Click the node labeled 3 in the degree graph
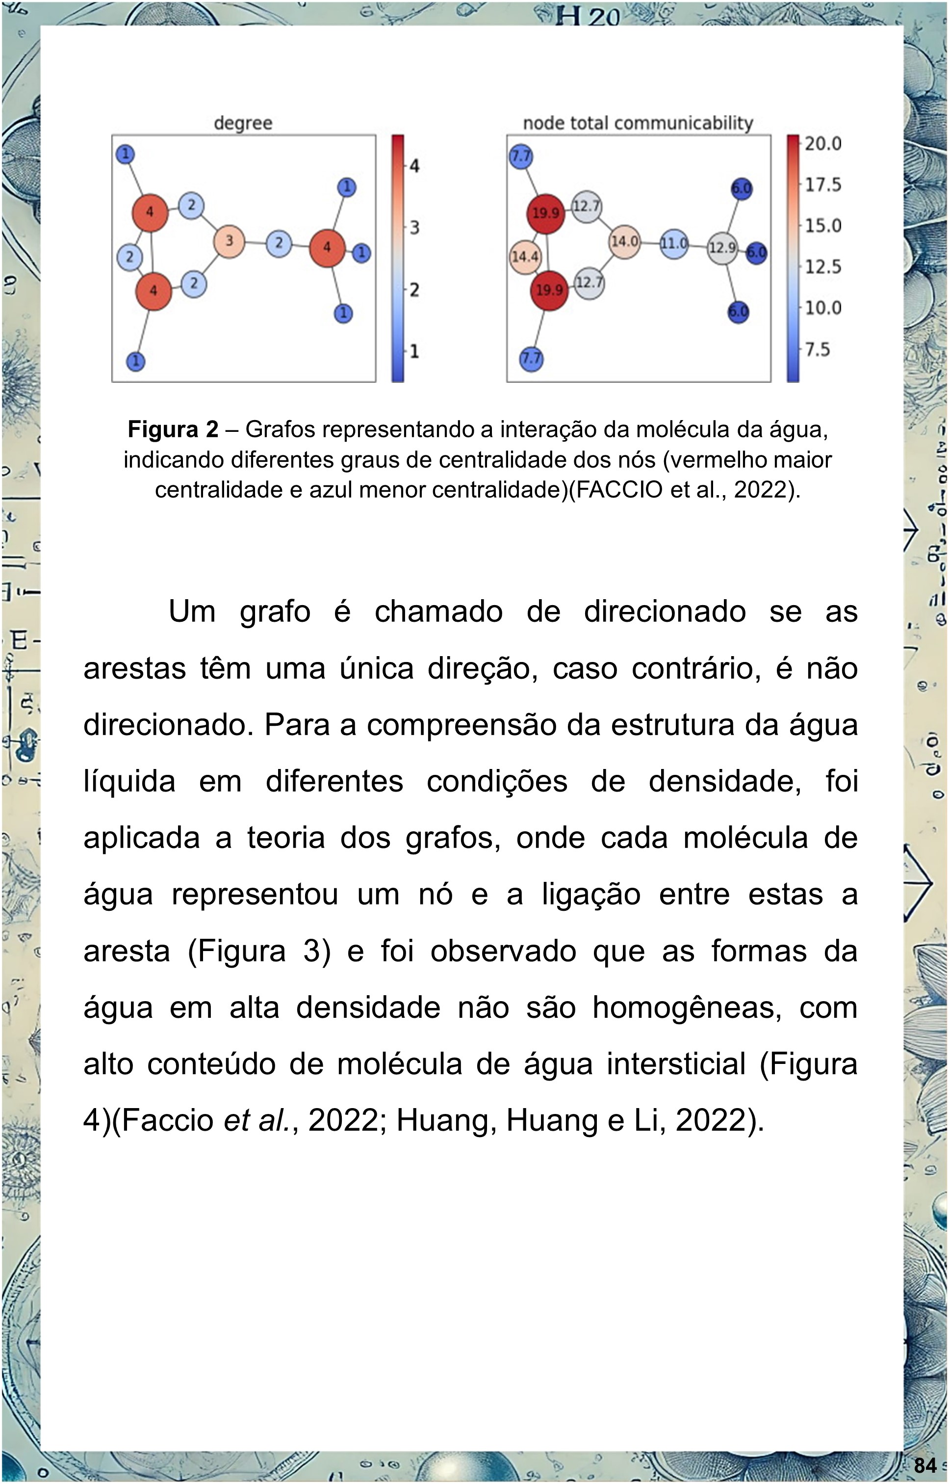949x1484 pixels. [229, 241]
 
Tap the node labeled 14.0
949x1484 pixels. [624, 241]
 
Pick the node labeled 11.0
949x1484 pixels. [673, 243]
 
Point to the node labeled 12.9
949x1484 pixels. [721, 248]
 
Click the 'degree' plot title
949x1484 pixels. [243, 123]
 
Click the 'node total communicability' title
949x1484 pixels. [638, 123]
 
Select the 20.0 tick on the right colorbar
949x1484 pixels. [822, 144]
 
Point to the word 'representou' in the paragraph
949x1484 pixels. [255, 895]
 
